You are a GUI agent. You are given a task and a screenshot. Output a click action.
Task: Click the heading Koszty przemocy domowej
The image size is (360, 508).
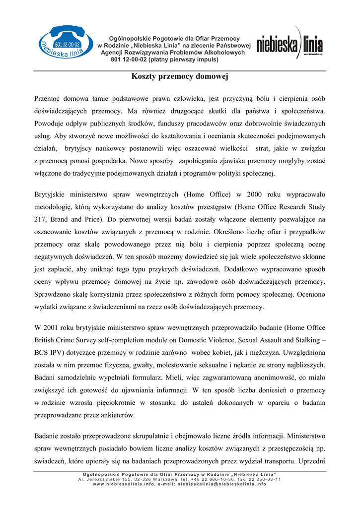click(x=179, y=77)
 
